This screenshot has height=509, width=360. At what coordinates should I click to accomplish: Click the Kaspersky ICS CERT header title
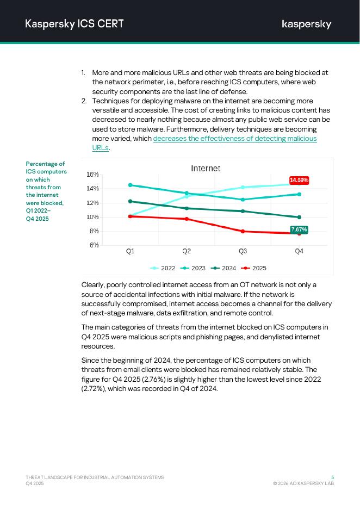75,23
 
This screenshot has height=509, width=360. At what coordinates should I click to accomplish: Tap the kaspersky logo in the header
306,24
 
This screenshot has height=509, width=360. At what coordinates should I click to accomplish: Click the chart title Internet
206,169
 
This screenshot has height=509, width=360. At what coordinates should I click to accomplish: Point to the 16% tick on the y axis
92,175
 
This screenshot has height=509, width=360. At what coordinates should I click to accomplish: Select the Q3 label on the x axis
243,251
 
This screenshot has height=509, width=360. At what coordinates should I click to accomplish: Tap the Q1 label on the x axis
130,251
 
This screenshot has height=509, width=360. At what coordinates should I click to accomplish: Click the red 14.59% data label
299,180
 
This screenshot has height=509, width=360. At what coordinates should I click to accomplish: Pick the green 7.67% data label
299,229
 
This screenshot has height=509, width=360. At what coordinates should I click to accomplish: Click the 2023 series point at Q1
130,185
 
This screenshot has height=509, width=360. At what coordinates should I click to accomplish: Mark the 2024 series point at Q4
299,218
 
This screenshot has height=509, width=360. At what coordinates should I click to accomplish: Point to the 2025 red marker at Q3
243,232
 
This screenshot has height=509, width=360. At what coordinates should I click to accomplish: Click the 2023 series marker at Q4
299,194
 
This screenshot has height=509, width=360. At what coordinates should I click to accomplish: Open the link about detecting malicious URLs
234,139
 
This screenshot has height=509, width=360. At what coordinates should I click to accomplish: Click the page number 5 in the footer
332,477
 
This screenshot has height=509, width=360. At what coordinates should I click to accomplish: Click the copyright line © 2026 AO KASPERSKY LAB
303,483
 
